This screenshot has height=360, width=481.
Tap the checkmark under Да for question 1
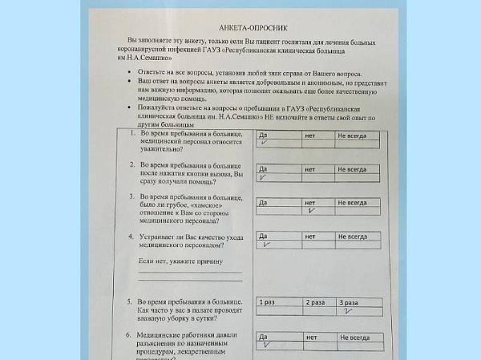(x=264, y=143)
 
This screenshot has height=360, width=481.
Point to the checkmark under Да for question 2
(x=264, y=178)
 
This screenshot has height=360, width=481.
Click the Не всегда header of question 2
(x=352, y=169)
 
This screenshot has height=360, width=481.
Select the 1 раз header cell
(x=267, y=302)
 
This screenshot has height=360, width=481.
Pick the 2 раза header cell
(x=315, y=302)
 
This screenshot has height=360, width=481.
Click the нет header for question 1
(x=310, y=135)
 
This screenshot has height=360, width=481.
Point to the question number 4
(x=130, y=238)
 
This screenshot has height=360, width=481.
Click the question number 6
(x=128, y=332)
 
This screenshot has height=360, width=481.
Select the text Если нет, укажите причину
(x=179, y=262)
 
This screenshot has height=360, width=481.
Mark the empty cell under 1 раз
(x=277, y=311)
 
